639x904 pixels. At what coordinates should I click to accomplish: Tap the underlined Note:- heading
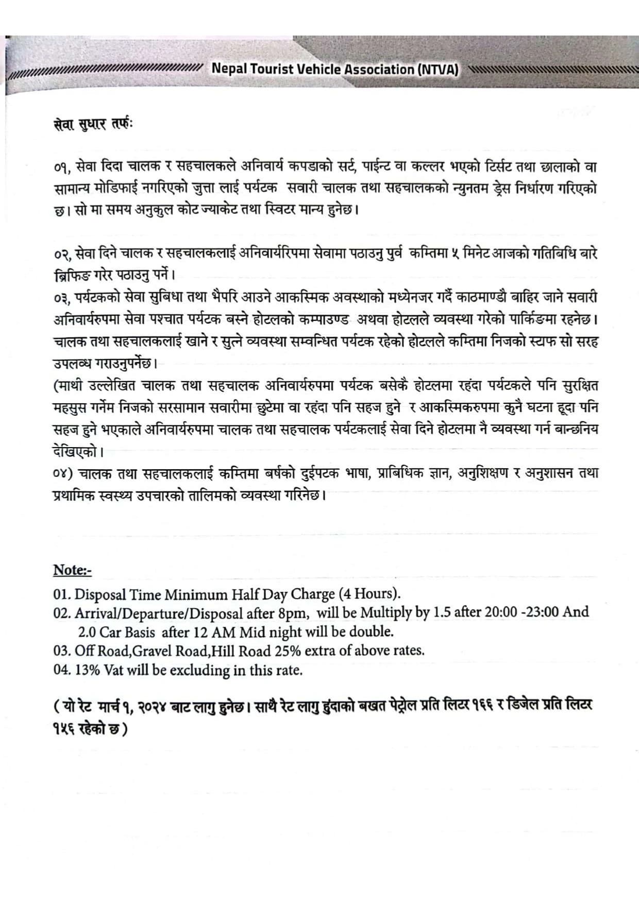[72, 570]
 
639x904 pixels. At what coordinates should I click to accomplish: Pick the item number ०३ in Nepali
[62, 298]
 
